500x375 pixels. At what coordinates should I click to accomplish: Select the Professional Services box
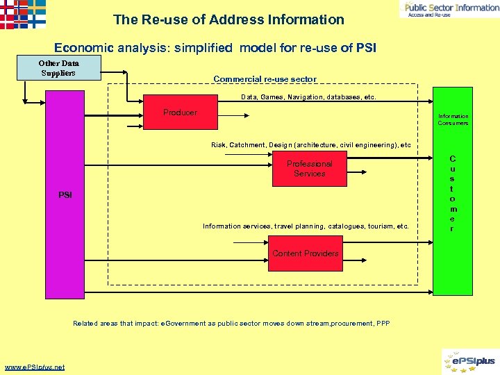click(x=309, y=169)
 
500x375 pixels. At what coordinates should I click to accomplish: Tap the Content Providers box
click(x=306, y=253)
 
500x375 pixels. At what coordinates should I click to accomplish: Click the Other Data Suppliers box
click(x=59, y=68)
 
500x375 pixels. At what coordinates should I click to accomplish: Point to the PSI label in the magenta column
click(x=65, y=195)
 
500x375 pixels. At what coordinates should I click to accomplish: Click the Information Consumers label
click(x=453, y=119)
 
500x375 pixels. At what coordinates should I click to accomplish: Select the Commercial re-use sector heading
click(x=265, y=79)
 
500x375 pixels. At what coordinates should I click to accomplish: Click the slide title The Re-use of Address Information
click(x=228, y=19)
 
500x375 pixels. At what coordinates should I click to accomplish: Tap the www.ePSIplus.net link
click(x=35, y=367)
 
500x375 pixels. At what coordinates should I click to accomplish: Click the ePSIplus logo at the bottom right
click(x=469, y=361)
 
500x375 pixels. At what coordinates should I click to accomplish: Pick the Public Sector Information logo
click(x=449, y=8)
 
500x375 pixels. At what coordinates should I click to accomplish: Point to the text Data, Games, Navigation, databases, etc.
click(x=308, y=97)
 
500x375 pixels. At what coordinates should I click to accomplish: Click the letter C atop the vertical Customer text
click(x=452, y=159)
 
